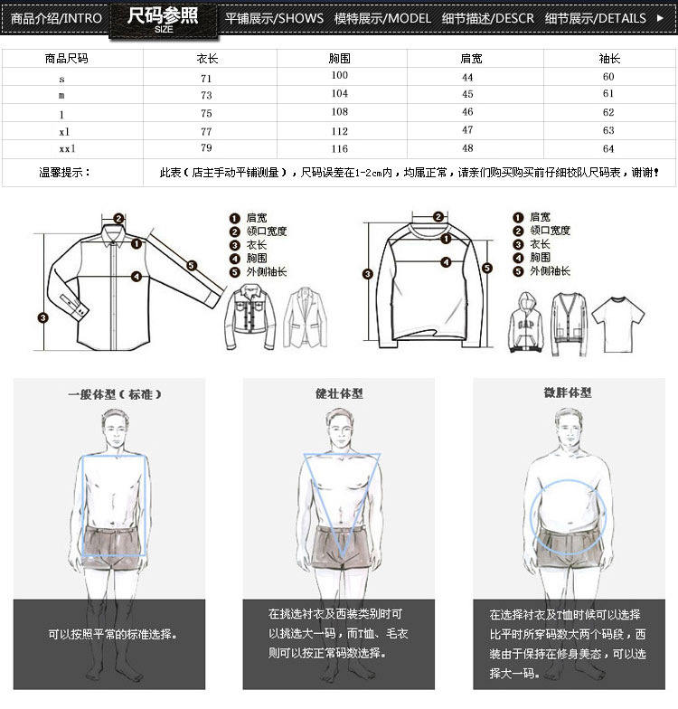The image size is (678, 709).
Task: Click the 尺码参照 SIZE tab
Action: pyautogui.click(x=163, y=20)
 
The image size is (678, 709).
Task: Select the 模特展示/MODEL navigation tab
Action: pyautogui.click(x=382, y=18)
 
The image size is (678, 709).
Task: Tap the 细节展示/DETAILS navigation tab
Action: pyautogui.click(x=595, y=18)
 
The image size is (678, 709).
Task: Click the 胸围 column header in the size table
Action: pyautogui.click(x=340, y=58)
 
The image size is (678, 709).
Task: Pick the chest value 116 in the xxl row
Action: pyautogui.click(x=340, y=148)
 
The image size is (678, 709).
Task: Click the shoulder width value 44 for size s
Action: pyautogui.click(x=468, y=78)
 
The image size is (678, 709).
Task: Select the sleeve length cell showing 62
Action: pyautogui.click(x=608, y=112)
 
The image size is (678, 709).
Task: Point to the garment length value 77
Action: pyautogui.click(x=206, y=132)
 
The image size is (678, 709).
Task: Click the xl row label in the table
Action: pyautogui.click(x=64, y=132)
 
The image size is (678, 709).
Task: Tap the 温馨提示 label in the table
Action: pyautogui.click(x=64, y=172)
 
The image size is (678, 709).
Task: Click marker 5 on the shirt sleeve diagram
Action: pyautogui.click(x=192, y=266)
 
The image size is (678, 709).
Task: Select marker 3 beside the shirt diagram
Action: pyautogui.click(x=43, y=318)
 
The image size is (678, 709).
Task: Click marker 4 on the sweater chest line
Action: pyautogui.click(x=447, y=262)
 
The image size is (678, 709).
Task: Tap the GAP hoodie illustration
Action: pyautogui.click(x=526, y=322)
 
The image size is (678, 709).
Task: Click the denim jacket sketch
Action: pyautogui.click(x=250, y=317)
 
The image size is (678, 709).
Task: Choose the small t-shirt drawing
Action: pyautogui.click(x=618, y=324)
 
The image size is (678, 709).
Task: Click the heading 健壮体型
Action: pyautogui.click(x=339, y=393)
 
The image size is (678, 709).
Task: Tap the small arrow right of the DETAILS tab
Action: pyautogui.click(x=660, y=18)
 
